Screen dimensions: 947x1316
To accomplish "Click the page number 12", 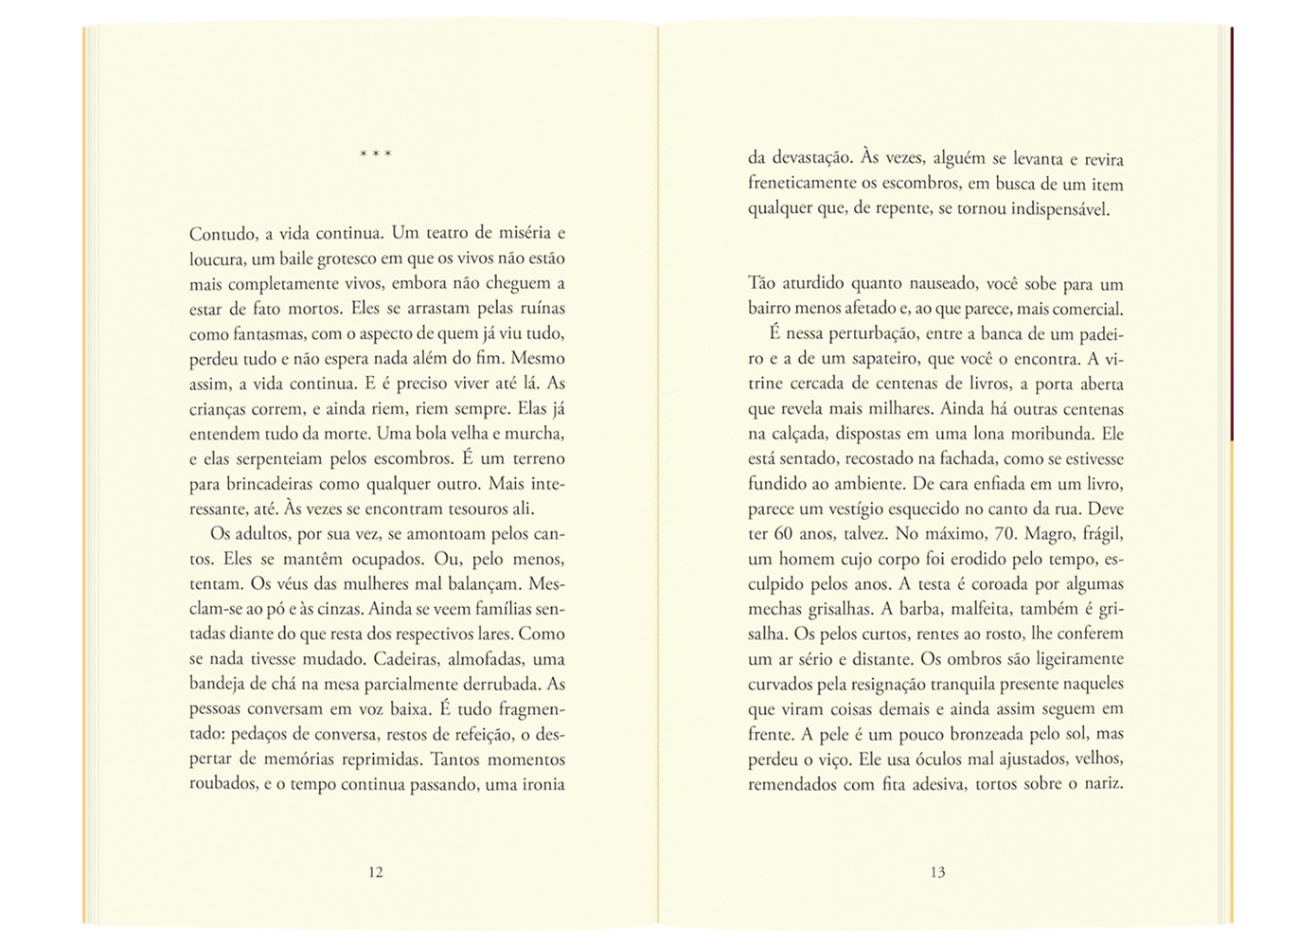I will click(x=376, y=872).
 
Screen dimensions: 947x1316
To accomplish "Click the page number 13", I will click(x=937, y=872).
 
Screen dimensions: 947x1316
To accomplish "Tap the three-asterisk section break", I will click(x=376, y=153).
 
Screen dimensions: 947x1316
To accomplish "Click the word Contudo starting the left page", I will click(x=222, y=233).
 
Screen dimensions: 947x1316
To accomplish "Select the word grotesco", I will click(x=343, y=259).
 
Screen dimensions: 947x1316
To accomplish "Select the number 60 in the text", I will click(x=783, y=534).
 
